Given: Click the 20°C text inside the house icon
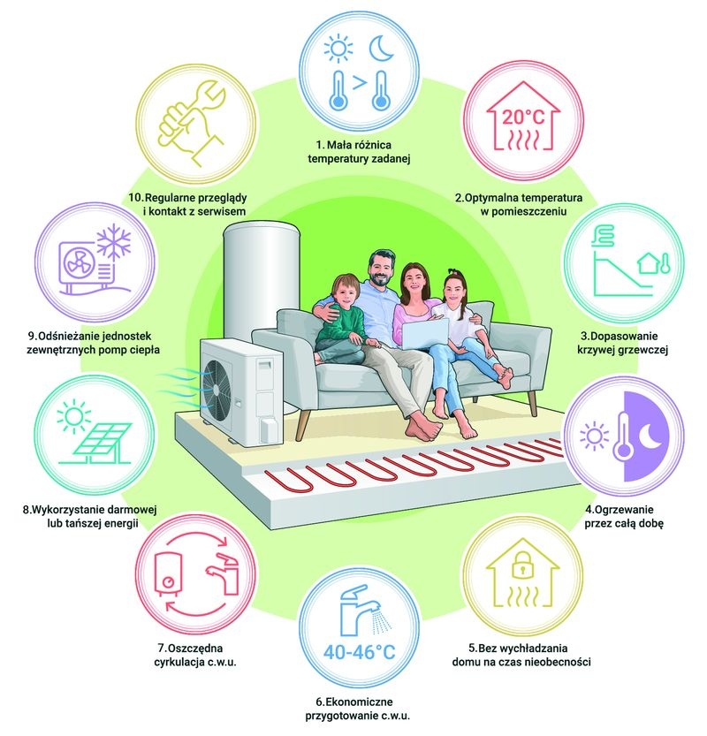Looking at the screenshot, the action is (x=523, y=117).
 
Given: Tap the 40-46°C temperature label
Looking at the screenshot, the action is (x=360, y=652).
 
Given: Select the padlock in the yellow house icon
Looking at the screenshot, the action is (x=522, y=566).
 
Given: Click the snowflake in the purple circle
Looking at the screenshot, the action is (x=114, y=243).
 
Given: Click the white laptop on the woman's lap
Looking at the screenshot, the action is (x=425, y=334).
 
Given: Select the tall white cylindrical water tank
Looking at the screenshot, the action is (x=261, y=277).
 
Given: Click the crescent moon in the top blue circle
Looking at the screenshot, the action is (x=381, y=49).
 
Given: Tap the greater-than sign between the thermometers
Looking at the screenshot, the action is (x=359, y=83).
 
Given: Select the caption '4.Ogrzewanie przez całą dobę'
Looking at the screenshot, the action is (x=624, y=516).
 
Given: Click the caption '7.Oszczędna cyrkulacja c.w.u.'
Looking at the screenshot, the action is (x=195, y=656).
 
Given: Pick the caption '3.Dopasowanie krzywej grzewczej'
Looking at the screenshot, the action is (x=622, y=343).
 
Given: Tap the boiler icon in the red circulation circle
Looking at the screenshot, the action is (x=168, y=574).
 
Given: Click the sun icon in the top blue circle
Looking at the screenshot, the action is (x=338, y=48).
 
